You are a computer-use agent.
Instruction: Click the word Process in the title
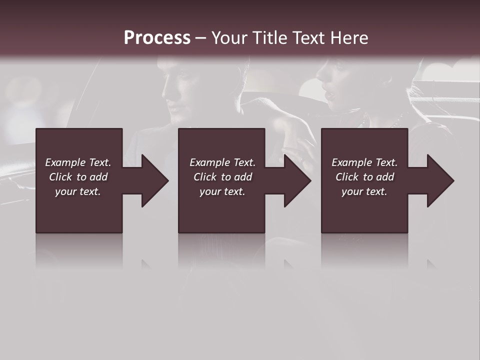157,38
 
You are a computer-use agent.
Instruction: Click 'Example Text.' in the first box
78,162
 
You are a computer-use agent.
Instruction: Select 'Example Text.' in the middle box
222,162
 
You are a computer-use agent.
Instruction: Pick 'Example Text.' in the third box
364,162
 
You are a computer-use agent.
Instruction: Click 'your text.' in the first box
78,191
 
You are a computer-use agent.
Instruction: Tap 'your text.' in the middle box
222,191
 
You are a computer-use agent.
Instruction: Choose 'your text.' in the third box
364,191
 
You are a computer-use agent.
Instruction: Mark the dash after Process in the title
200,38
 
